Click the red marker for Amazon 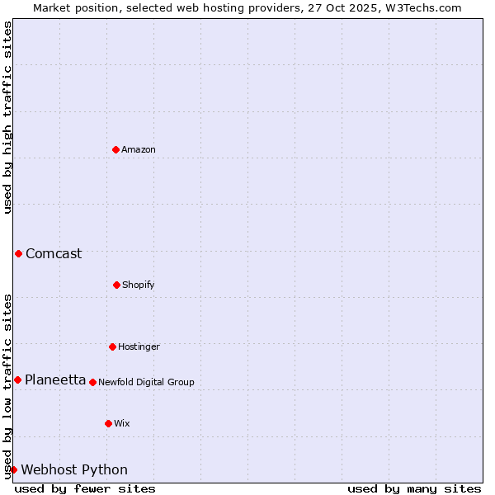tap(115, 149)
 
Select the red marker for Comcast tap(18, 253)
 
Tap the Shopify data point tap(116, 285)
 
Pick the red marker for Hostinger tap(112, 346)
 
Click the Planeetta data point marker tap(17, 379)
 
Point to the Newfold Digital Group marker tap(92, 382)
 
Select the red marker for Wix tap(108, 423)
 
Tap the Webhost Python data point tap(13, 469)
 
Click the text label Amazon tap(139, 149)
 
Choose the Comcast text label tap(54, 253)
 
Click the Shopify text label tap(139, 285)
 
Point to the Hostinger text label tap(139, 346)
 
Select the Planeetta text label tap(55, 379)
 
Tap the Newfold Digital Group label tap(146, 382)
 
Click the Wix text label tap(122, 423)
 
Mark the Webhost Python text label tap(74, 469)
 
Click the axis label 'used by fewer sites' tap(85, 488)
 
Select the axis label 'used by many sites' tap(414, 488)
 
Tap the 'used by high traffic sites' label tap(7, 117)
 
